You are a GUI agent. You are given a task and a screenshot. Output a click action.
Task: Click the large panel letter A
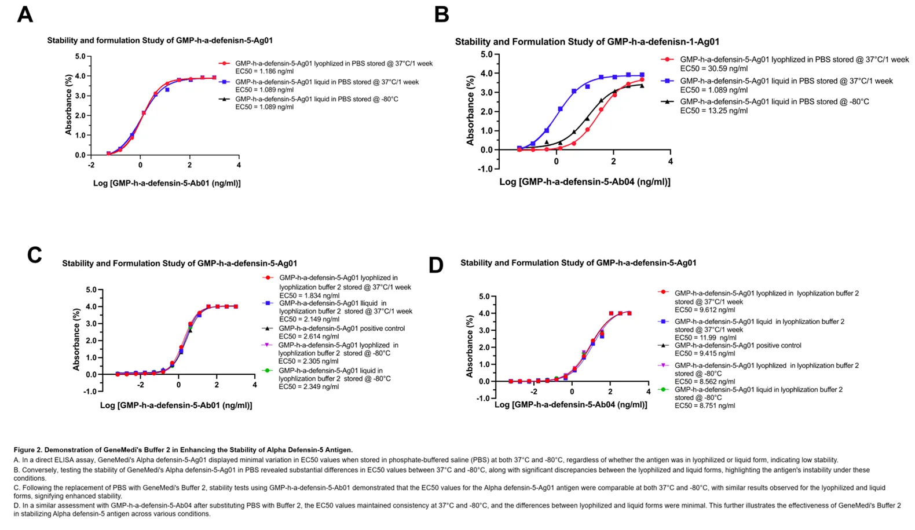click(24, 14)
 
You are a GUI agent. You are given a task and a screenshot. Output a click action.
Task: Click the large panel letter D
click(435, 265)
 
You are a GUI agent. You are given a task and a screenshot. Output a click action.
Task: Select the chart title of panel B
click(587, 42)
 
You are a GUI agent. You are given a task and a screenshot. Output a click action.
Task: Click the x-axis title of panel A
click(167, 183)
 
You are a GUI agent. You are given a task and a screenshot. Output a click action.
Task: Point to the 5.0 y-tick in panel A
click(80, 57)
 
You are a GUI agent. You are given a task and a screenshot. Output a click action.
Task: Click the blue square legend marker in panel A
click(224, 82)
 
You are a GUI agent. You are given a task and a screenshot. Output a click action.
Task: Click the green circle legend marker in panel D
click(664, 390)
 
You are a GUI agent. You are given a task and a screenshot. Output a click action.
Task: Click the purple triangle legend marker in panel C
click(267, 345)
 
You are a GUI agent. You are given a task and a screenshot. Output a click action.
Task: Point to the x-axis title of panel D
click(570, 405)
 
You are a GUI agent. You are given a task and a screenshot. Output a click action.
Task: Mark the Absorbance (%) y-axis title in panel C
click(76, 339)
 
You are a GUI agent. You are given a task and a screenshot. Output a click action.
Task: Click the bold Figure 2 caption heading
click(183, 450)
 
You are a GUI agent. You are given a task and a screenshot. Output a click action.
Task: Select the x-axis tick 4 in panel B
click(670, 162)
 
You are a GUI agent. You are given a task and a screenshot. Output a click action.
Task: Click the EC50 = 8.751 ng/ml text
click(705, 406)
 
